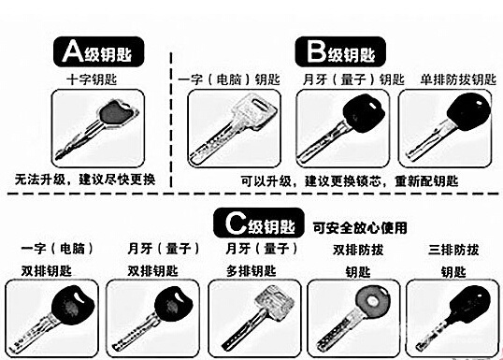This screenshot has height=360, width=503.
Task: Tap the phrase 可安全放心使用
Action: coord(359,226)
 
